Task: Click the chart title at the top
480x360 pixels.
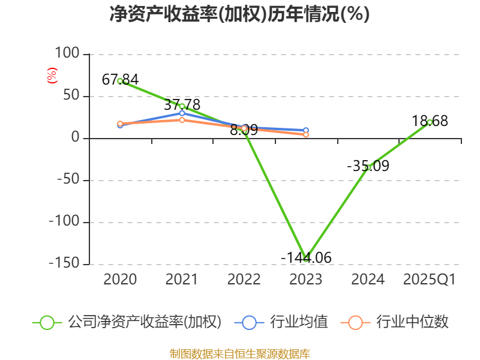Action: click(239, 14)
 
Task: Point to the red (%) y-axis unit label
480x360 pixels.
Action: click(52, 76)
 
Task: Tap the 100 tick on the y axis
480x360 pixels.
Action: click(67, 54)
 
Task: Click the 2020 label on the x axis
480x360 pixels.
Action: click(120, 280)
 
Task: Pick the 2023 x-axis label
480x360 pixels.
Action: click(305, 280)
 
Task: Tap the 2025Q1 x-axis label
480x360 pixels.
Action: click(429, 280)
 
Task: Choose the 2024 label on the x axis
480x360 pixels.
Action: click(368, 280)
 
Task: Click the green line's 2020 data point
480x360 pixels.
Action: click(120, 81)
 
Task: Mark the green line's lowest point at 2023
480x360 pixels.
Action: click(306, 259)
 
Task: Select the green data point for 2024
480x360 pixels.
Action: click(368, 168)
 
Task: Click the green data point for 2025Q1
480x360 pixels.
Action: click(430, 122)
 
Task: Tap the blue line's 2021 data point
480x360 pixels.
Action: click(182, 113)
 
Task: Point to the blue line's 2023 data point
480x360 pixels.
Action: click(306, 130)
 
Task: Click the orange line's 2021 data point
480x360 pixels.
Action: click(182, 120)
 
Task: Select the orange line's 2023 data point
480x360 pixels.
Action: click(306, 135)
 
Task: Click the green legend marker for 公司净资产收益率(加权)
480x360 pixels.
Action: click(47, 322)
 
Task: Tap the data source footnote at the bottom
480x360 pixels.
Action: click(239, 353)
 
